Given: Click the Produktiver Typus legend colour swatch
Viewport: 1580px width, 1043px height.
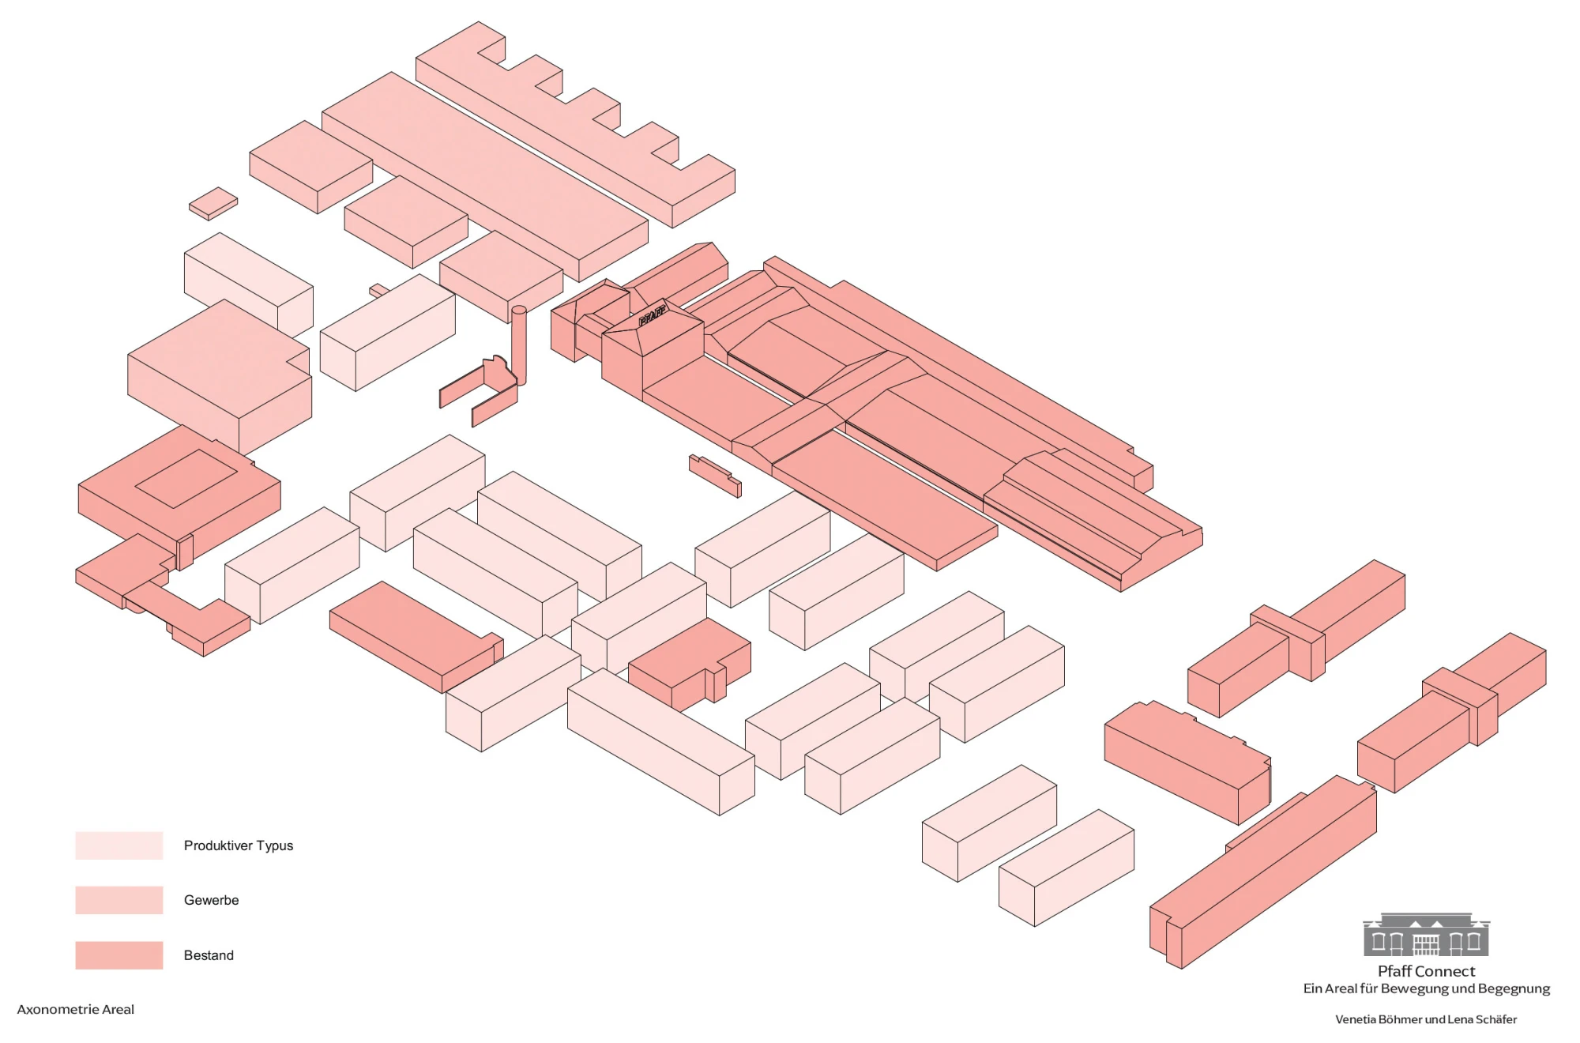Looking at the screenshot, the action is (x=119, y=845).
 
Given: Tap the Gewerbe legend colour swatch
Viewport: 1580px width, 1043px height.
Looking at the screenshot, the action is (x=119, y=900).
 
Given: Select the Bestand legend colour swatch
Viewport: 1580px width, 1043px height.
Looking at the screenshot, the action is (x=119, y=955).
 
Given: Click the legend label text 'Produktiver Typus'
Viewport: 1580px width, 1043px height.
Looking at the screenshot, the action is (x=239, y=845).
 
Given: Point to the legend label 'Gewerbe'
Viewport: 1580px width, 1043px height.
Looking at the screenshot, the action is (x=211, y=900).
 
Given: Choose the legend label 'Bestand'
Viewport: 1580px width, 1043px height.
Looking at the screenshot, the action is (x=209, y=955).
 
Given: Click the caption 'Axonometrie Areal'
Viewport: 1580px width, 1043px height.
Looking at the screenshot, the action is (x=76, y=1009).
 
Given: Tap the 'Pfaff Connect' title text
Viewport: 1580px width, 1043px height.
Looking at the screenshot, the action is (x=1426, y=971).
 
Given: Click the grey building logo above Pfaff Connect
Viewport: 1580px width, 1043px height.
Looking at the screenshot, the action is (x=1426, y=934).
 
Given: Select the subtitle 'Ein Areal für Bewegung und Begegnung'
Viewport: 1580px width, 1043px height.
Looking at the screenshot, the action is (x=1426, y=988).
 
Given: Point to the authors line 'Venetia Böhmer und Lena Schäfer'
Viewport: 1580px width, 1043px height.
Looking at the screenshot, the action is (x=1426, y=1019).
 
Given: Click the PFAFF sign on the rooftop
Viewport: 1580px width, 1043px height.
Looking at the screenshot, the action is (x=652, y=316).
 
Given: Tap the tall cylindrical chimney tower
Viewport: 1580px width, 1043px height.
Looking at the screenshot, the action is (x=519, y=345).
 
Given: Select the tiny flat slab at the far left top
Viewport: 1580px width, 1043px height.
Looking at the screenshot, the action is (x=213, y=204).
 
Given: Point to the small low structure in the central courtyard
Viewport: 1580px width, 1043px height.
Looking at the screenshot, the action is (x=715, y=476).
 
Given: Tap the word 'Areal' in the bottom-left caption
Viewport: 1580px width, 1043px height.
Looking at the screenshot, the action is (x=116, y=1009).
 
